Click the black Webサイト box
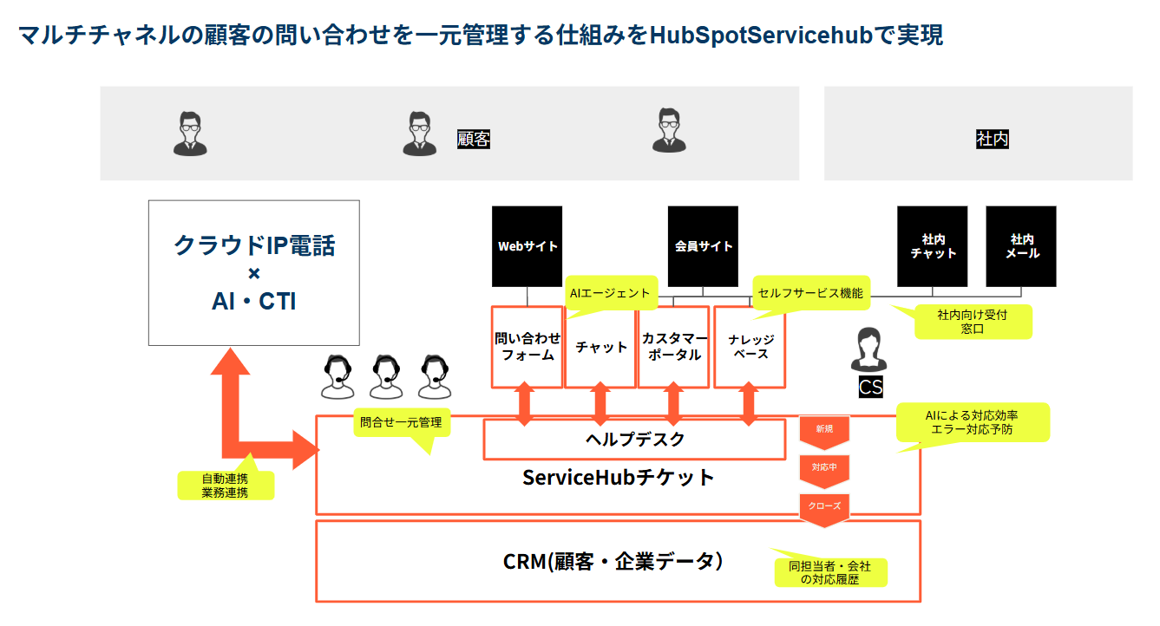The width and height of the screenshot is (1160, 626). point(527,246)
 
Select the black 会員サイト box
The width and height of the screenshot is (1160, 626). point(703,246)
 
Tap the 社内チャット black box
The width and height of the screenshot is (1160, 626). point(933,246)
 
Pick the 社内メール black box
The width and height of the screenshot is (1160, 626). point(1021,246)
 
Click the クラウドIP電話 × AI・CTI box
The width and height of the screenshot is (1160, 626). point(253,272)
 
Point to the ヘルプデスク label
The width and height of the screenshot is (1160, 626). point(635,440)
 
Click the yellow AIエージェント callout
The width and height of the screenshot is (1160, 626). point(610,293)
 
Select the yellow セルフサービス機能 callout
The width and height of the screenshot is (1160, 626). point(810,293)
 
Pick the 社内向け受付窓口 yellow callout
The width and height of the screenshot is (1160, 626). point(973,321)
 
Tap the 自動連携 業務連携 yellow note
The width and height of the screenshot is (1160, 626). point(225,486)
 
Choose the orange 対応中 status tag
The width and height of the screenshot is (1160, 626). point(824,468)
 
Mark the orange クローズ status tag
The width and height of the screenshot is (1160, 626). point(824,505)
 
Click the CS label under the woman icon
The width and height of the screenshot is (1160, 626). point(870,387)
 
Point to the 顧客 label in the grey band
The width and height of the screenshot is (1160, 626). point(474,139)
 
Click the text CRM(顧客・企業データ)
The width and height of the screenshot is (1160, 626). point(613,561)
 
